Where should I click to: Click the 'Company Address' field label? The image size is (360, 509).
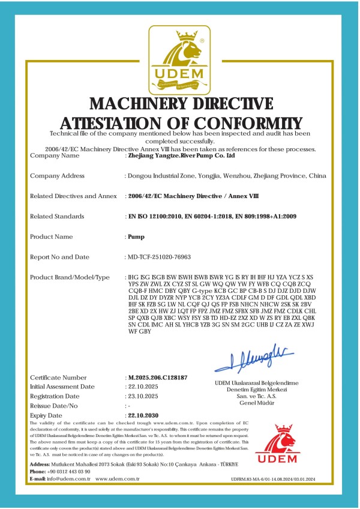(57, 176)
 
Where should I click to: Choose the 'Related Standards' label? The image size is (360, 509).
(57, 217)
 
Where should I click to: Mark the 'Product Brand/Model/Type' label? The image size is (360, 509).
(70, 277)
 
